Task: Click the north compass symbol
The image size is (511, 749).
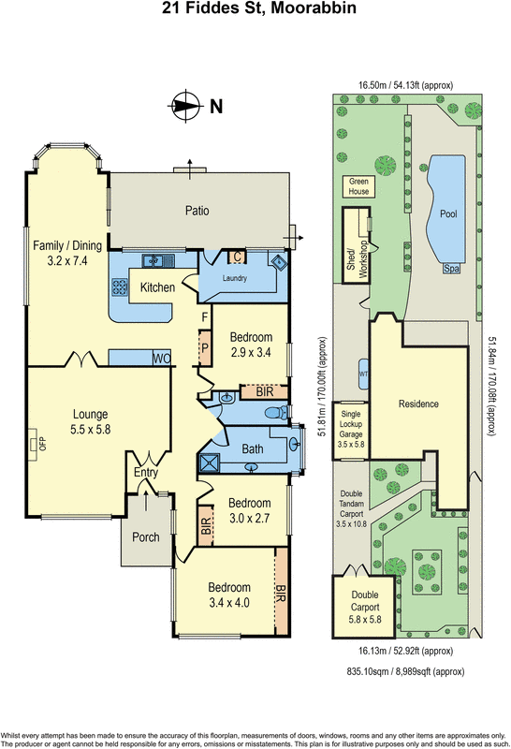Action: point(186,106)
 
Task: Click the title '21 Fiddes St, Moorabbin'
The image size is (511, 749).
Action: point(255,11)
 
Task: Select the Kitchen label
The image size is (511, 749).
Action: point(157,287)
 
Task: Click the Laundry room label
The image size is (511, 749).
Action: point(238,278)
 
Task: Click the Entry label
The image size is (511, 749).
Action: point(146,473)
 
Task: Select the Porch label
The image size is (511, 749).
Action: point(146,537)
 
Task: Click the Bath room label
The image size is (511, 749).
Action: point(254,449)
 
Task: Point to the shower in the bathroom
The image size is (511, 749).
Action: point(207,462)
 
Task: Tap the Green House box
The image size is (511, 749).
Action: point(358,185)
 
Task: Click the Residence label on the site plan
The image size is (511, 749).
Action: point(418,404)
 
